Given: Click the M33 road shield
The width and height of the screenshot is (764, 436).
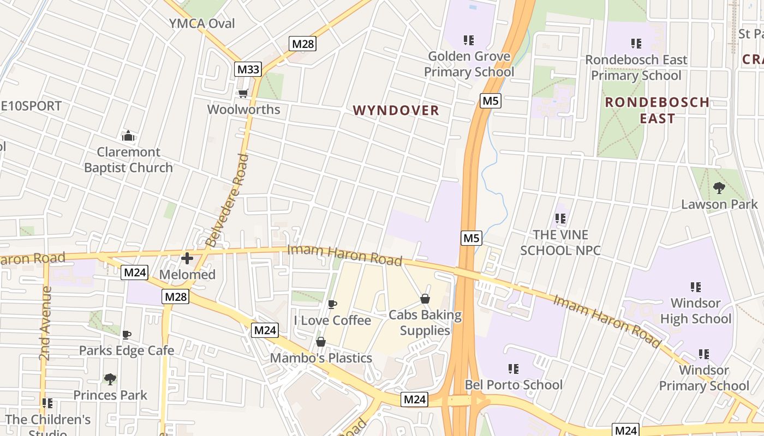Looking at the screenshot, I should tap(248, 69).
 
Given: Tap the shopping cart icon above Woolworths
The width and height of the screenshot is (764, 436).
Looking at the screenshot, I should tap(243, 94).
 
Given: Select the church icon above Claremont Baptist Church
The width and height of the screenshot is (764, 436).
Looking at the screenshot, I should tap(128, 136).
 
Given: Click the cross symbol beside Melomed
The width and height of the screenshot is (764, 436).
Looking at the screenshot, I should tap(187, 258).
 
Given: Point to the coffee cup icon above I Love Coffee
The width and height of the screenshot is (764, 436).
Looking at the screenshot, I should tap(332, 304).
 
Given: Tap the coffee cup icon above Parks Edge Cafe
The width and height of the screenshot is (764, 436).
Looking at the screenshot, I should tap(127, 335).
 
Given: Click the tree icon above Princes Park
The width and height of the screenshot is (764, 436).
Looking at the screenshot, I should tap(110, 379).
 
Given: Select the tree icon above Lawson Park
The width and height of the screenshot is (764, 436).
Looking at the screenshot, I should tap(719, 188).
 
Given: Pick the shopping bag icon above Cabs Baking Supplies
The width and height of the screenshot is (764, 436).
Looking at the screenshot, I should tap(425, 299).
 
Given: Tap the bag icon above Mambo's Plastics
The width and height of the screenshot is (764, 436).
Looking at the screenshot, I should tap(321, 342).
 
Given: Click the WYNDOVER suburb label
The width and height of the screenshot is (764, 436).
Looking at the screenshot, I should tap(396, 111).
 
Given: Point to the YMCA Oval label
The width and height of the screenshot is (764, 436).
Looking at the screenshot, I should tap(202, 23).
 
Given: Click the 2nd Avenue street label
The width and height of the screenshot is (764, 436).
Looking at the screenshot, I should tap(46, 323).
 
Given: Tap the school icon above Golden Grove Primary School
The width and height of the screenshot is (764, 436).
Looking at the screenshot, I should tap(468, 40).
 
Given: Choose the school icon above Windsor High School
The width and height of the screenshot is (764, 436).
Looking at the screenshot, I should tap(695, 287).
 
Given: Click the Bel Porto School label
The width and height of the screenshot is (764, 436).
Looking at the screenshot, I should tap(513, 385).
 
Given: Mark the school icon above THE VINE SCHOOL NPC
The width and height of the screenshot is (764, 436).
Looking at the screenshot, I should tap(560, 219).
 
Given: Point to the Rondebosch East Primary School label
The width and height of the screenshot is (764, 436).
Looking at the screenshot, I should tap(636, 67).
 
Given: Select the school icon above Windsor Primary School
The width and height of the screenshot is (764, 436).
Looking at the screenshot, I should tap(704, 354).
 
